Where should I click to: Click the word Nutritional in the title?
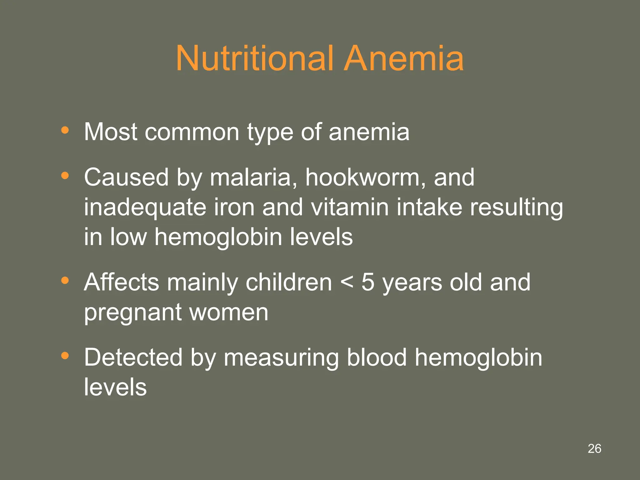pyautogui.click(x=254, y=58)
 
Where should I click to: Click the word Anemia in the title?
pyautogui.click(x=403, y=58)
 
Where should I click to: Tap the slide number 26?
pyautogui.click(x=594, y=448)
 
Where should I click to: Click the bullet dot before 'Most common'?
pyautogui.click(x=65, y=130)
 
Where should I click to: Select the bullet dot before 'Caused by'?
pyautogui.click(x=65, y=175)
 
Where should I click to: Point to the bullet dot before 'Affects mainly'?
pyautogui.click(x=65, y=280)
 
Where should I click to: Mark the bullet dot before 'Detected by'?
pyautogui.click(x=65, y=355)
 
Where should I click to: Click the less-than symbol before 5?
pyautogui.click(x=347, y=282)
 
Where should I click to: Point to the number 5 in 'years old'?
pyautogui.click(x=368, y=282)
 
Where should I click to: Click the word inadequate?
pyautogui.click(x=145, y=207)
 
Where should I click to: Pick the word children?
pyautogui.click(x=289, y=282)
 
